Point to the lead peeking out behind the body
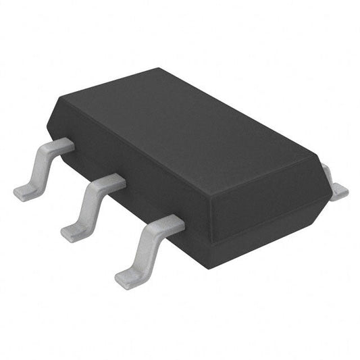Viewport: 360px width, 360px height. [335, 185]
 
